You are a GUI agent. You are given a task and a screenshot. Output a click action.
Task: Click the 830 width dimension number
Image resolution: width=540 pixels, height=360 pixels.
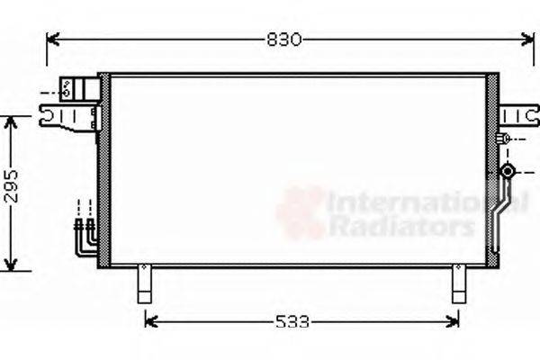[x=285, y=40]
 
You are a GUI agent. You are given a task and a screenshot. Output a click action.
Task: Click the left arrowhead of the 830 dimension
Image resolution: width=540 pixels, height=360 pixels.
[x=52, y=40]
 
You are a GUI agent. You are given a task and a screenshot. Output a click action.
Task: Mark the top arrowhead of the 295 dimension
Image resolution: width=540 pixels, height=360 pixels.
[x=11, y=121]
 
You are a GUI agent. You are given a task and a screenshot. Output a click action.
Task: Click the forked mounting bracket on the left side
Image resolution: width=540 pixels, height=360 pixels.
[x=66, y=116]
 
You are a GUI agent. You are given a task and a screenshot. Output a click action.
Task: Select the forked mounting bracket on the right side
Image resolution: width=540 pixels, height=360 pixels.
[x=516, y=114]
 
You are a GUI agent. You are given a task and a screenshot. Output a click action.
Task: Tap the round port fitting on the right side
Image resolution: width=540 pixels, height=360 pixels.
[x=508, y=170]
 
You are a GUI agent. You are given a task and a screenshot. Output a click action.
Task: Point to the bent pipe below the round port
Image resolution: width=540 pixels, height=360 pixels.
[x=498, y=211]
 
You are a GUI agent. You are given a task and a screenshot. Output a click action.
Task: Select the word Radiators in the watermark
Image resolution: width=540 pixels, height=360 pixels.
[x=400, y=226]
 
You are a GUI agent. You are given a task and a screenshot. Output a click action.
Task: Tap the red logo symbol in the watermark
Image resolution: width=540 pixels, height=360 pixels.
[x=301, y=213]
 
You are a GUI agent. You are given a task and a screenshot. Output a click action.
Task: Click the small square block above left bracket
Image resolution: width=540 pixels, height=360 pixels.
[x=67, y=88]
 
